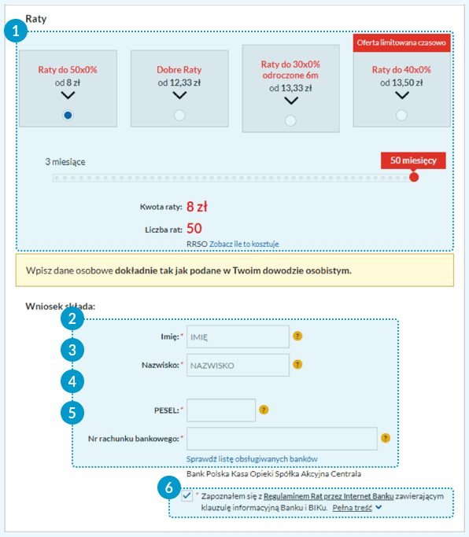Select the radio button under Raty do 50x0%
coord(68,115)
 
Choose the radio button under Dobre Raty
coord(179,115)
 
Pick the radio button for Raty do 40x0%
coord(401,115)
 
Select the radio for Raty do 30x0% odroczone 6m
coord(290,120)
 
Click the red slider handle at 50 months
coord(414,177)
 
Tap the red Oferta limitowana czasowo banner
coord(401,42)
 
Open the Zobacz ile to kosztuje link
coord(244,244)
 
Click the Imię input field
coord(238,337)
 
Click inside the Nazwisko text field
coord(238,365)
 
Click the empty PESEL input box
coord(221,410)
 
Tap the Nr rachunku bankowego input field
coord(282,439)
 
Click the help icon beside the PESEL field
coord(264,410)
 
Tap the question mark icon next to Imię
coord(297,336)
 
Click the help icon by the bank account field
coord(386,438)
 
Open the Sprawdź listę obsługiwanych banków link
coord(252,459)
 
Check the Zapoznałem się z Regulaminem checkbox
coord(186,495)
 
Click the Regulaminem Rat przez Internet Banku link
coord(328,496)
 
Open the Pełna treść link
coord(353,508)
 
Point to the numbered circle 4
coord(72,381)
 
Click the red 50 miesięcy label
coord(413,160)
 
